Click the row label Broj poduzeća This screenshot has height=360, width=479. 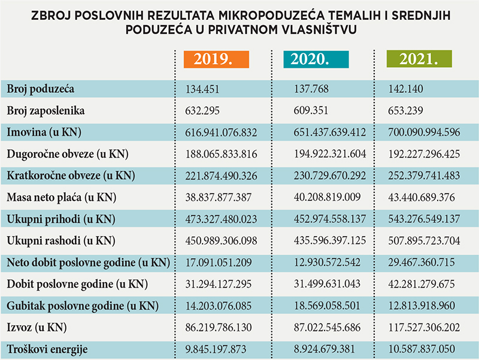tap(40, 89)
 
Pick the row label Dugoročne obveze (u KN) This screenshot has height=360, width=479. tap(68, 154)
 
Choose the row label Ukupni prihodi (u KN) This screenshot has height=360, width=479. tap(59, 219)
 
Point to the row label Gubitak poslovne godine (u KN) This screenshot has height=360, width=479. tap(83, 306)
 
